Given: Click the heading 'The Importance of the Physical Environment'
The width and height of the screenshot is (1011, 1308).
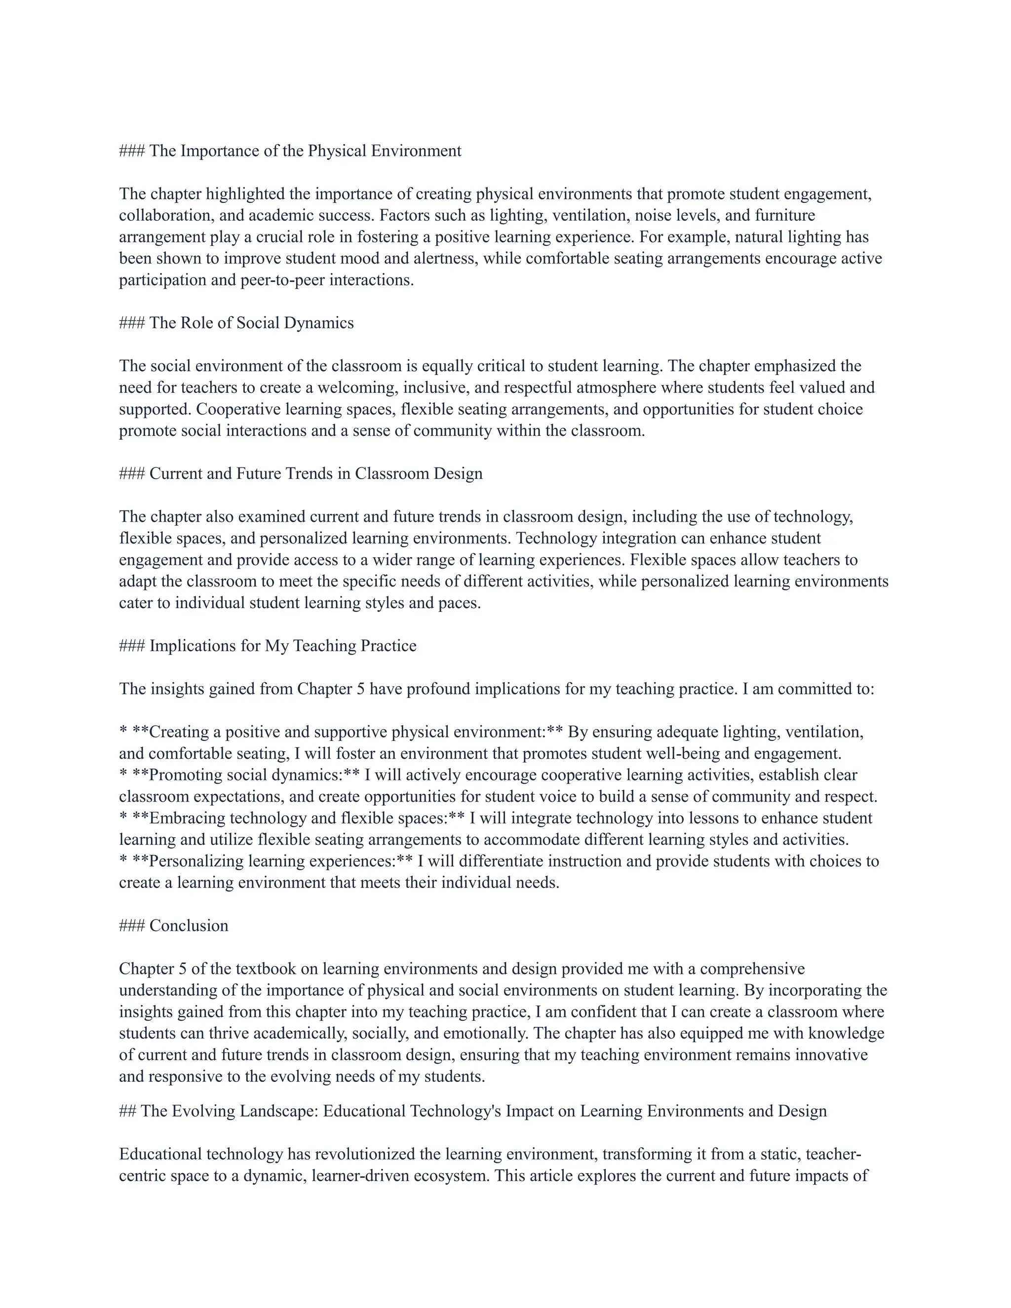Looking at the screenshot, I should [305, 151].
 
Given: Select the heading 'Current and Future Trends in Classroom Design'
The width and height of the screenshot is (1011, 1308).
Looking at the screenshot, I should [315, 474].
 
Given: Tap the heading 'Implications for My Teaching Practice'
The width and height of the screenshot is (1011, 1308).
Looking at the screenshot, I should [283, 646].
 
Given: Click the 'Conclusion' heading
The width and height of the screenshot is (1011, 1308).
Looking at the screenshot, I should [189, 925].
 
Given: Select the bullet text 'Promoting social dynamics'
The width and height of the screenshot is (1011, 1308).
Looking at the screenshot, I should [245, 775].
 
